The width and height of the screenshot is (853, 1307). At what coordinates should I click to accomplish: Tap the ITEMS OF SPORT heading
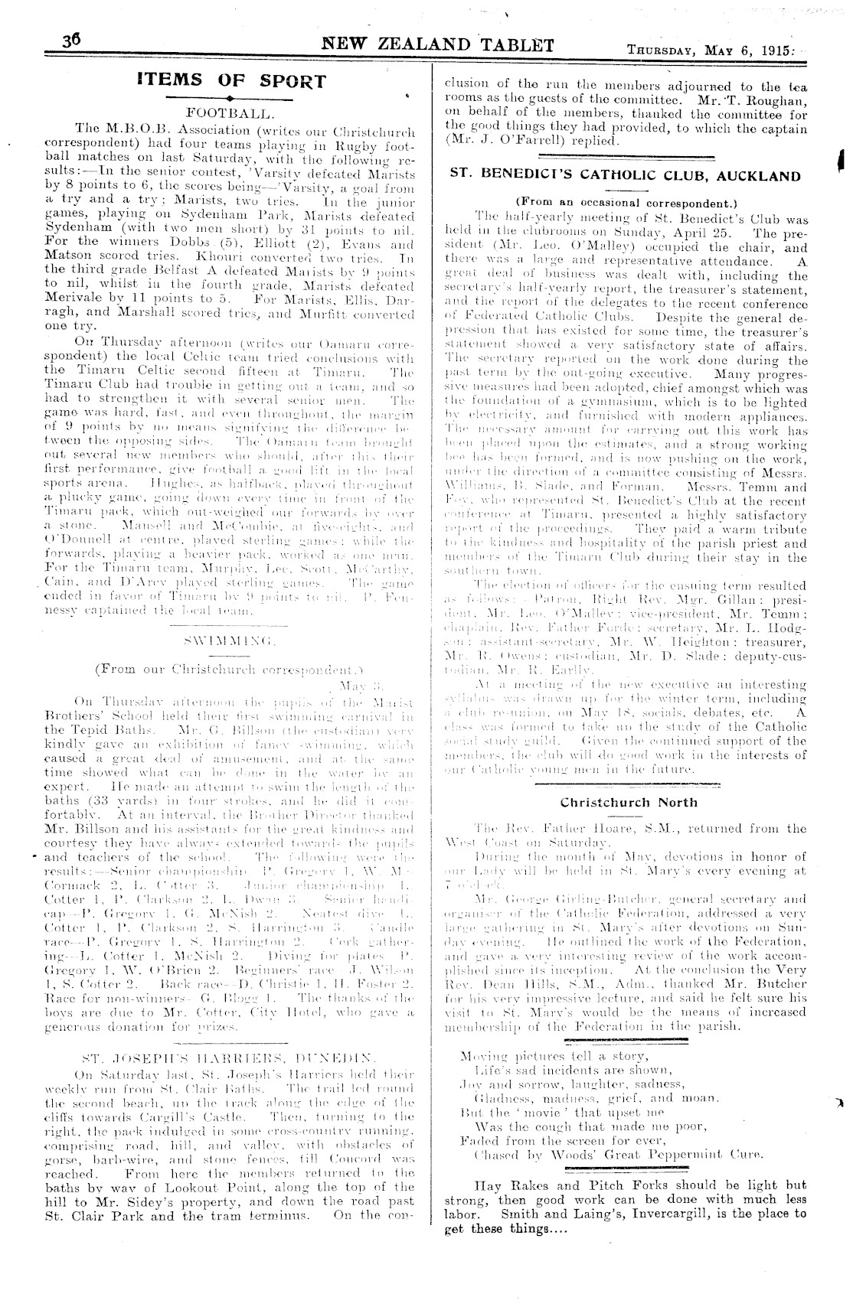click(231, 80)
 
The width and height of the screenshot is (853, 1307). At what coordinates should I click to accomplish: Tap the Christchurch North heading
click(629, 803)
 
